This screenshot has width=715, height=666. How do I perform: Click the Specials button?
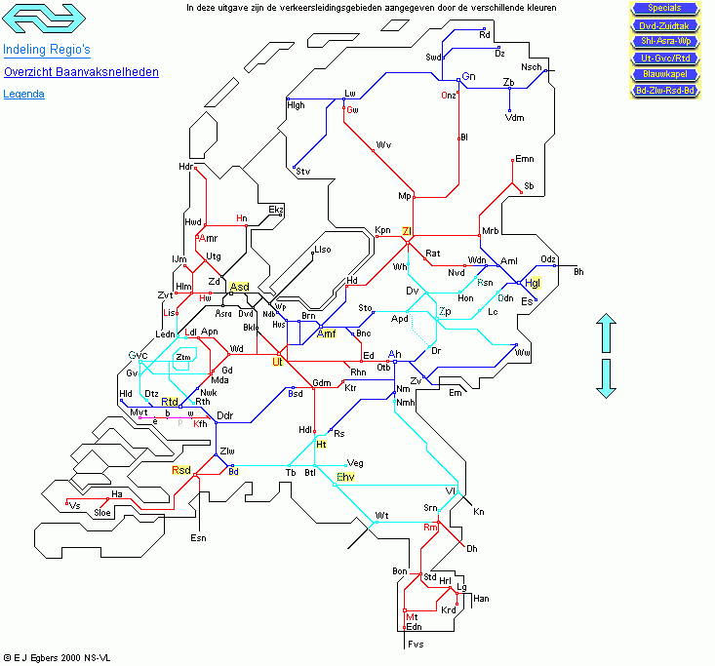664,9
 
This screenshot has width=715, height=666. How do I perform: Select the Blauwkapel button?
664,74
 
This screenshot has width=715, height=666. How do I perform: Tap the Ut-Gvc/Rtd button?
664,58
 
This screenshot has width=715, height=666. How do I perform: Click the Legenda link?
23,95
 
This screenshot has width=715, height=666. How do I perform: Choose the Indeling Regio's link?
47,49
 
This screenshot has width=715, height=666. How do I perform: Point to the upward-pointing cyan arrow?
606,333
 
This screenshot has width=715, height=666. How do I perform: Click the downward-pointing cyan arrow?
606,377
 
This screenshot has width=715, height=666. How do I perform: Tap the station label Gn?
468,76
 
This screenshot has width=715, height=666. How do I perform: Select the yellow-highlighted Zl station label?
406,231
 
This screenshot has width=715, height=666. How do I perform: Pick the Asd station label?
239,287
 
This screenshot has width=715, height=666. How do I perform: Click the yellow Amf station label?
327,334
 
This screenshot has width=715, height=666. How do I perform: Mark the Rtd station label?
170,402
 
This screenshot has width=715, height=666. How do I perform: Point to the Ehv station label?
345,477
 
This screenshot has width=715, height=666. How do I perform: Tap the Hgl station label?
532,284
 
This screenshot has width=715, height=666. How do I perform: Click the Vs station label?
75,506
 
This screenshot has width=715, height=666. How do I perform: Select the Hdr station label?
185,167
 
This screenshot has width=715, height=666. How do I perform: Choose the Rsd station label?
181,470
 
